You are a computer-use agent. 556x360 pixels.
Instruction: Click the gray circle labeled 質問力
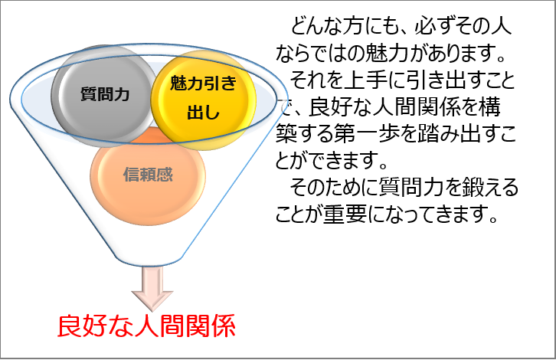104,96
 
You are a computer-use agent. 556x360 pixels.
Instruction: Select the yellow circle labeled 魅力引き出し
203,100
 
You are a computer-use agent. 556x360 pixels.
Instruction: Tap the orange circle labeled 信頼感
148,176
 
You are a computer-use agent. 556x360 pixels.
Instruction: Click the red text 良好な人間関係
146,326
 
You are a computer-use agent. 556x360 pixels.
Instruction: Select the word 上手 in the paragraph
365,80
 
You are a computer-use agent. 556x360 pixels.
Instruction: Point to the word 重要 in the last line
345,214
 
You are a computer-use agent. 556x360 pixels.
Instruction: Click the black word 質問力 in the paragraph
411,187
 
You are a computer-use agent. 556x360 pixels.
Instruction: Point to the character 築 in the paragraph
286,134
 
